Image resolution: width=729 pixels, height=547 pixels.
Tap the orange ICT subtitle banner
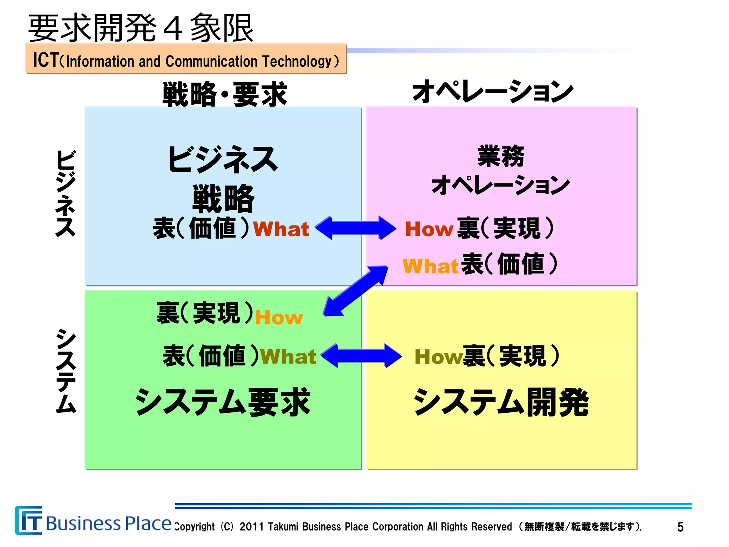pyautogui.click(x=185, y=59)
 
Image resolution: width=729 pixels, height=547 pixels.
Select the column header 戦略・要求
pyautogui.click(x=224, y=94)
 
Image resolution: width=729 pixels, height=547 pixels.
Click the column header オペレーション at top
pyautogui.click(x=493, y=91)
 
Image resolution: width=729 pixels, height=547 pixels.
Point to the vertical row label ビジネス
pyautogui.click(x=66, y=193)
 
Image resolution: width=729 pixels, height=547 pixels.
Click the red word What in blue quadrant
pyautogui.click(x=281, y=229)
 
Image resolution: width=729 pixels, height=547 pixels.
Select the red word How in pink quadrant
pyautogui.click(x=429, y=229)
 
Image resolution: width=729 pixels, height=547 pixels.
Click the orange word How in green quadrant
pyautogui.click(x=279, y=317)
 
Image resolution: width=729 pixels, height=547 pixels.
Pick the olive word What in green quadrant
pyautogui.click(x=288, y=357)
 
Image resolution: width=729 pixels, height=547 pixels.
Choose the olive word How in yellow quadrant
pyautogui.click(x=438, y=357)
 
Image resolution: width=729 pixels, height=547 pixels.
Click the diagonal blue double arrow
pyautogui.click(x=356, y=291)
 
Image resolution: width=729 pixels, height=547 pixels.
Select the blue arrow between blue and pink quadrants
pyautogui.click(x=356, y=228)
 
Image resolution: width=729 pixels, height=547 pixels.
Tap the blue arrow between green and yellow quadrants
pyautogui.click(x=361, y=355)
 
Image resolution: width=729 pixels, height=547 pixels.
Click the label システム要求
pyautogui.click(x=223, y=402)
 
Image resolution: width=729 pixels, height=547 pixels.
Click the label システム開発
pyautogui.click(x=501, y=402)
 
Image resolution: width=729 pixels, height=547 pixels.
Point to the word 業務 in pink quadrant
pyautogui.click(x=500, y=156)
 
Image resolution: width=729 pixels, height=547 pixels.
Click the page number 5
pyautogui.click(x=680, y=527)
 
